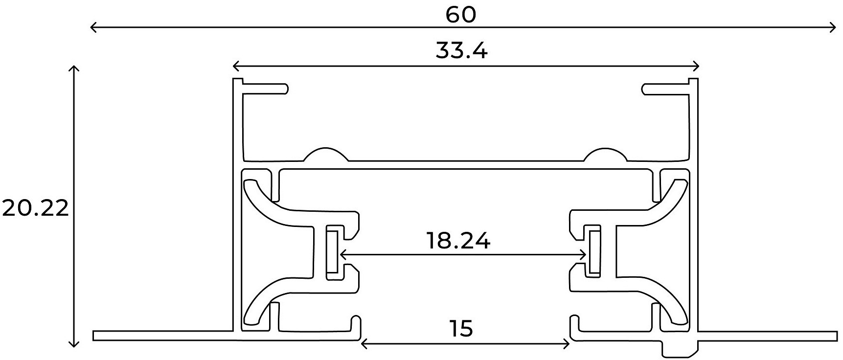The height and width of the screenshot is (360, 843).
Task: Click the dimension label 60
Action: (460, 15)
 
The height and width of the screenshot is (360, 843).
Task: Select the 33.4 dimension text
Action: (461, 50)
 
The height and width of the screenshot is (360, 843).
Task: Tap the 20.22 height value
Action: (35, 209)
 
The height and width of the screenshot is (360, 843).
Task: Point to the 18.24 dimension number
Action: (458, 241)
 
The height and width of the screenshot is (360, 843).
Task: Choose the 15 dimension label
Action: (461, 329)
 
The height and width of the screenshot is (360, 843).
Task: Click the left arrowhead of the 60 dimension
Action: (93, 27)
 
